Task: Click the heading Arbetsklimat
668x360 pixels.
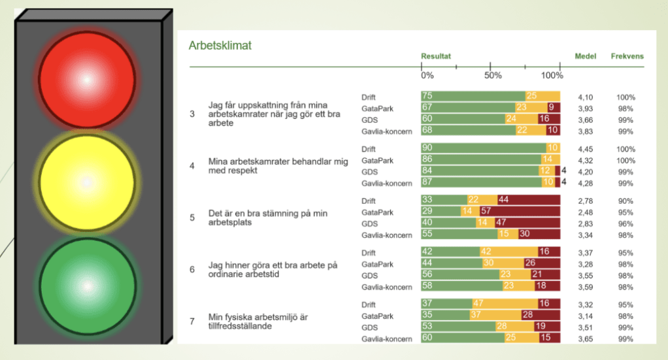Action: pos(220,46)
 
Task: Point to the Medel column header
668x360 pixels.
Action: pos(585,56)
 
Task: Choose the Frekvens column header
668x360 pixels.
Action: pos(627,56)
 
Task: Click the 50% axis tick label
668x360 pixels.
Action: pos(493,76)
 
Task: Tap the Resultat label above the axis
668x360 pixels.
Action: pos(436,56)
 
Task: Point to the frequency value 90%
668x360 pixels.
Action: pos(626,199)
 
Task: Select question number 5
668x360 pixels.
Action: pos(192,218)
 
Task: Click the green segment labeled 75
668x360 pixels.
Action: pos(473,97)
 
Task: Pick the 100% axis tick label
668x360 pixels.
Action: pos(552,76)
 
